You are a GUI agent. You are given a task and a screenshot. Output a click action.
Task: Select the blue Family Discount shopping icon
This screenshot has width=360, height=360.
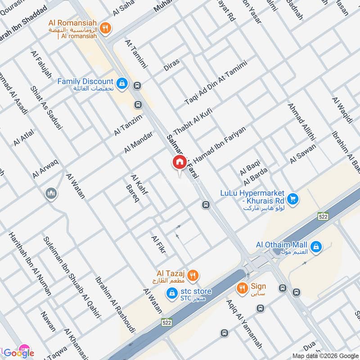tap(121, 83)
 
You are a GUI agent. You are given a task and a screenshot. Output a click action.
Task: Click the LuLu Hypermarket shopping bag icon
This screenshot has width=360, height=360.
tap(293, 198)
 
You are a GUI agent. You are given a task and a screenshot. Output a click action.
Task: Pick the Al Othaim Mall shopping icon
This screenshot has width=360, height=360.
tap(316, 246)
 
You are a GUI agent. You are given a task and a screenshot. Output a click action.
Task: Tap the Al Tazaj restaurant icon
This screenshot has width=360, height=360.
tap(193, 274)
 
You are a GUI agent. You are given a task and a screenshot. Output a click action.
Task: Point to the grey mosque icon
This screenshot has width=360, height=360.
tap(51, 194)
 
